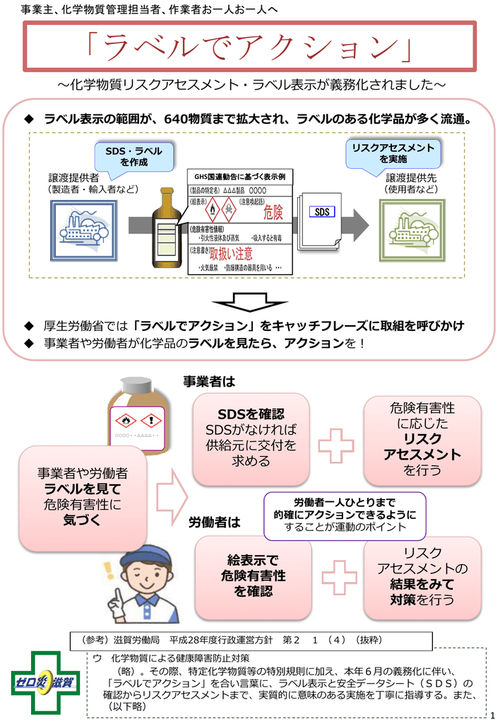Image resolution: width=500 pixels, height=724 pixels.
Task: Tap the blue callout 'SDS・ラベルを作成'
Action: (x=133, y=157)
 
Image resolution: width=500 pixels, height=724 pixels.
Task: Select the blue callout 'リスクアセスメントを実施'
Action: (x=393, y=153)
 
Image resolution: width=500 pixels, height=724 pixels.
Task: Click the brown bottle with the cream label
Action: (x=167, y=228)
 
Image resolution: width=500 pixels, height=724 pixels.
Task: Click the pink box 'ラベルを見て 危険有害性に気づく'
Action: (x=83, y=497)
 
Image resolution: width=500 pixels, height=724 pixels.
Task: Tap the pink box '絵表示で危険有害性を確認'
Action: (x=253, y=576)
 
